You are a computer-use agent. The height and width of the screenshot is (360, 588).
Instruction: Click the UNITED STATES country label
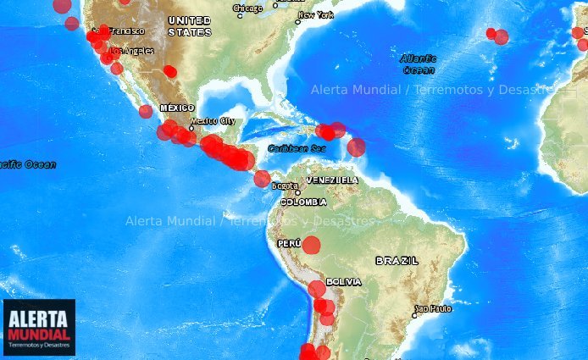(x=190, y=25)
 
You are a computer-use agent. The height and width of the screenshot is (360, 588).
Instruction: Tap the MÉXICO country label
(x=177, y=108)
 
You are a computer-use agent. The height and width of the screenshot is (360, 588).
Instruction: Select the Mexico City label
(x=213, y=121)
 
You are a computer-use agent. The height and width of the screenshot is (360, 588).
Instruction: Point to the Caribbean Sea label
(x=297, y=148)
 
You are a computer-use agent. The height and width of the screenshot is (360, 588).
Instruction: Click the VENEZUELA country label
(x=332, y=180)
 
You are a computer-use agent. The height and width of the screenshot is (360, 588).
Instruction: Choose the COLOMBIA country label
(x=303, y=202)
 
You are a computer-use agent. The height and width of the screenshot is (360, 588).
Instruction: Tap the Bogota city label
(x=285, y=186)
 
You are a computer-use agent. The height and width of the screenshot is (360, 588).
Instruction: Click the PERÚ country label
(x=289, y=243)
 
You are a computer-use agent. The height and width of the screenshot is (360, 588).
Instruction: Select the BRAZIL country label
(x=397, y=261)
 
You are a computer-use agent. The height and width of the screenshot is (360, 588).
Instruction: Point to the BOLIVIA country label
(x=344, y=281)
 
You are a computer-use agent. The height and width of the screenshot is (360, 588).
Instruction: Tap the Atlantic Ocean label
(x=418, y=64)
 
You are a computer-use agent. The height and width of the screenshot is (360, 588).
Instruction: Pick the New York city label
(x=316, y=15)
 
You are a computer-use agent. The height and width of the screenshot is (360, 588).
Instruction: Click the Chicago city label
(x=248, y=8)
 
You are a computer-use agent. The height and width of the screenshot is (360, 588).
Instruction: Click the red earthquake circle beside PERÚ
(x=312, y=246)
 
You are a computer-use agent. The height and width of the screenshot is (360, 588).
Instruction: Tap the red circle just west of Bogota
(x=263, y=179)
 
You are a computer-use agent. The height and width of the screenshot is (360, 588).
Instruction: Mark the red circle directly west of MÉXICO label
(x=146, y=111)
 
